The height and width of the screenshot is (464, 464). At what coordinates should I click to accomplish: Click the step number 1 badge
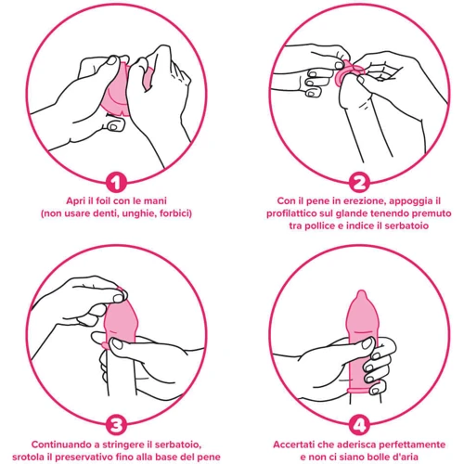(116, 183)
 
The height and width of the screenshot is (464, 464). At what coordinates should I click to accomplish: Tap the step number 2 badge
(359, 183)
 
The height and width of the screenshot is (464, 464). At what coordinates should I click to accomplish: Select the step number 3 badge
(116, 425)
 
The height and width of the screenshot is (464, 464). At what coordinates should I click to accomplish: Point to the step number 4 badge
(359, 425)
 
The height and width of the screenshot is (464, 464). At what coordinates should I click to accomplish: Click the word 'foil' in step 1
(103, 201)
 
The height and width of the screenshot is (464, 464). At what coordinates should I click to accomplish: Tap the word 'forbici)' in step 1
(175, 213)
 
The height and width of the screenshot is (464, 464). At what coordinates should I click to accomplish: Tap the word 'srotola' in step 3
(27, 457)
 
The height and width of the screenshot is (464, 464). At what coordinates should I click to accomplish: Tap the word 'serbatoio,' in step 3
(178, 445)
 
